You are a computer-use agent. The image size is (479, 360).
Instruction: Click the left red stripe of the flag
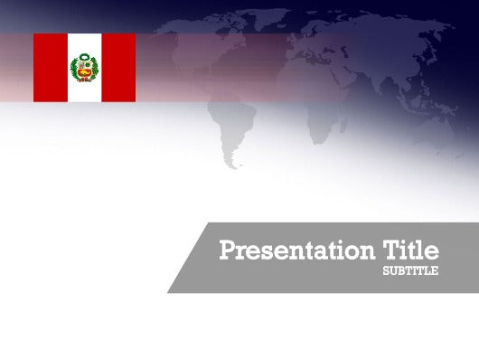click(50, 68)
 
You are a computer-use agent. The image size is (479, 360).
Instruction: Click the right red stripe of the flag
click(118, 68)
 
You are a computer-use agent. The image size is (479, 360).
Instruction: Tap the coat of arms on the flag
click(85, 69)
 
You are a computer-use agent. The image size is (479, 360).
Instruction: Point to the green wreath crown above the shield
click(85, 58)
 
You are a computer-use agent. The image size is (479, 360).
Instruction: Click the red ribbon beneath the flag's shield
click(85, 80)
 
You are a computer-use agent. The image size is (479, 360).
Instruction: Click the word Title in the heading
click(411, 251)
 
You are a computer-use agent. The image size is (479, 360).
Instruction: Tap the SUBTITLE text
click(410, 270)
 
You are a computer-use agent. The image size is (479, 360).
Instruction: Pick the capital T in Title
click(391, 251)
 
